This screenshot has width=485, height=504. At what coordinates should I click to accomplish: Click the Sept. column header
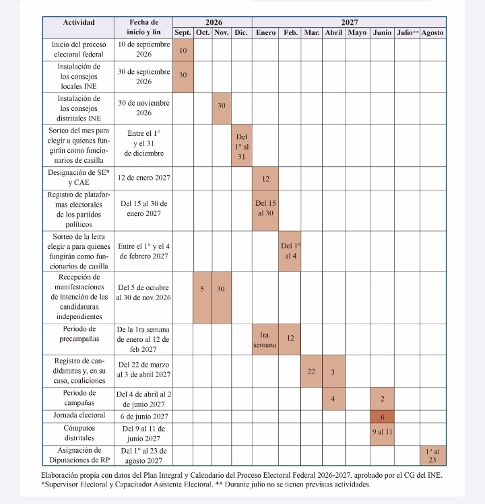(183, 33)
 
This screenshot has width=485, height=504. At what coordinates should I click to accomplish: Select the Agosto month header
(432, 33)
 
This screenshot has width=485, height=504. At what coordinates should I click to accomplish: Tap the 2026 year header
(214, 22)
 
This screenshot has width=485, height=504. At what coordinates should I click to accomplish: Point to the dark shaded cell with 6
(382, 417)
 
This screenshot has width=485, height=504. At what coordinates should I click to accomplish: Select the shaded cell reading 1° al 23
(433, 456)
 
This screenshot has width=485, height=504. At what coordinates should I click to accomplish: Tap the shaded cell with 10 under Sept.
(183, 50)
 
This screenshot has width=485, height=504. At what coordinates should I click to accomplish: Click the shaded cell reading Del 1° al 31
(242, 145)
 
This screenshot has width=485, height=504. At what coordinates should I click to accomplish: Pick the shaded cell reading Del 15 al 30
(265, 211)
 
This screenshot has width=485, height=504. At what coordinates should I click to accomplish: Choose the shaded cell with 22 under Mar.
(311, 371)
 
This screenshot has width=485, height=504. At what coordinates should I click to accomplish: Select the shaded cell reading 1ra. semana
(265, 339)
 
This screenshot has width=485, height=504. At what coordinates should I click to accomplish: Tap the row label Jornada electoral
(79, 415)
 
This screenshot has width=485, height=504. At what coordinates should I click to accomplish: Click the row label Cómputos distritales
(79, 433)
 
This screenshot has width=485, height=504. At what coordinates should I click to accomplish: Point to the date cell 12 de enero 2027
(143, 178)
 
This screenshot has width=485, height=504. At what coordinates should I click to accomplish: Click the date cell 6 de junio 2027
(144, 417)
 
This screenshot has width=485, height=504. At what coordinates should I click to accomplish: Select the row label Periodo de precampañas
(79, 334)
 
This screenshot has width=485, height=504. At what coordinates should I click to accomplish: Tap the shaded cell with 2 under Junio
(382, 398)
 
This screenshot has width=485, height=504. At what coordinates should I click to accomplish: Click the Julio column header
(407, 33)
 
